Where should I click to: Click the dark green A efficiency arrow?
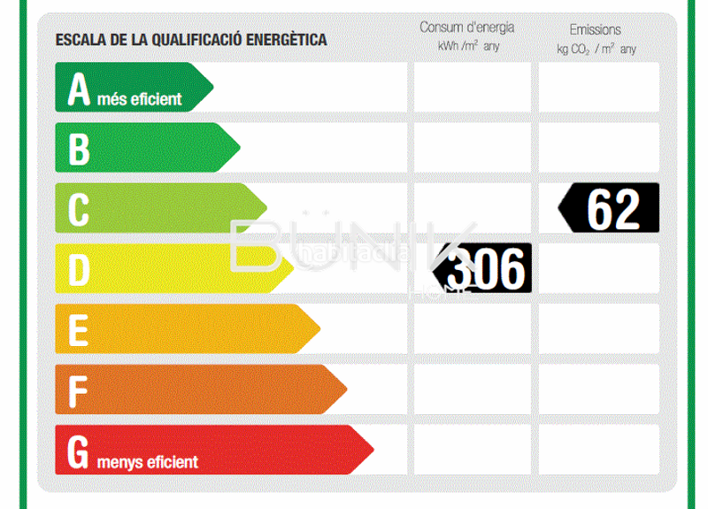133,87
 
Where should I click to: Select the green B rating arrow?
146,147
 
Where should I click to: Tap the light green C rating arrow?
159,207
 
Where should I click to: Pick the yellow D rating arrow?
173,268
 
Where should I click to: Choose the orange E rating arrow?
186,328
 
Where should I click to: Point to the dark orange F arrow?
199,389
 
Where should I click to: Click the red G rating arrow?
212,449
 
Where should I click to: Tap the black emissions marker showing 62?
610,207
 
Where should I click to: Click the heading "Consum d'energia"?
467,27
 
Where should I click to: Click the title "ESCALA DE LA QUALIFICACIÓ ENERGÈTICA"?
191,40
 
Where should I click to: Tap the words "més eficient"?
140,99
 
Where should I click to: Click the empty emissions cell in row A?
599,87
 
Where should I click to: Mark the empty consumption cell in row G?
472,449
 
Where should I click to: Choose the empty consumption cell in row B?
472,147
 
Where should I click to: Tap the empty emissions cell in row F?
599,389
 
